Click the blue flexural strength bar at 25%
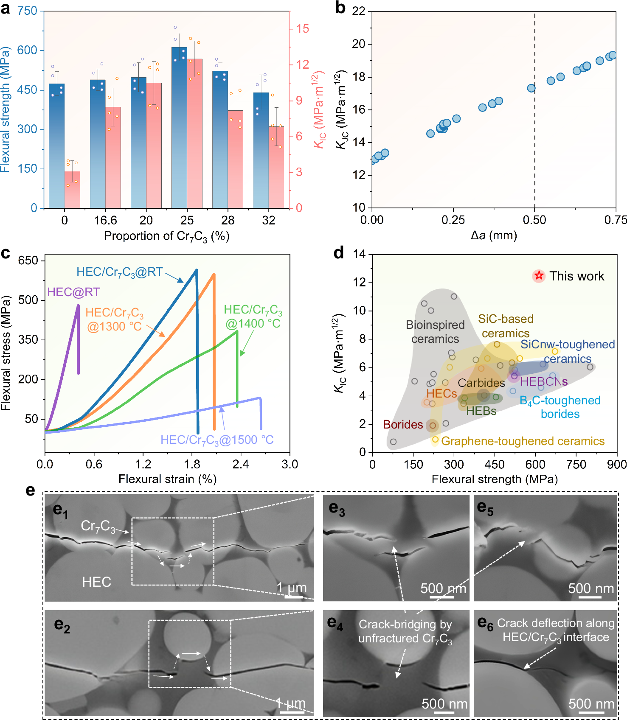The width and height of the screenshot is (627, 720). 179,127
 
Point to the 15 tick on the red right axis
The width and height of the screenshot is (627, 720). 302,29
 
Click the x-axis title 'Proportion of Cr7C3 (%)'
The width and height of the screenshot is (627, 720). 166,236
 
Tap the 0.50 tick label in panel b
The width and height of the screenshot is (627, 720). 534,220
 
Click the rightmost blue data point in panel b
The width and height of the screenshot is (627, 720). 612,55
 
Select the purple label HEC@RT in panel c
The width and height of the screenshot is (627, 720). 73,292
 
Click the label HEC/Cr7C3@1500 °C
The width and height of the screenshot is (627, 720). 216,440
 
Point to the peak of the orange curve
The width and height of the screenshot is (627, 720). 214,274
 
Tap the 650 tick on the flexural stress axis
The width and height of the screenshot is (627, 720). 28,261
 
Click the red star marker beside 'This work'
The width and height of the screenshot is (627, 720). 539,276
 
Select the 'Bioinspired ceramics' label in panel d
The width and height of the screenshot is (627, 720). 435,332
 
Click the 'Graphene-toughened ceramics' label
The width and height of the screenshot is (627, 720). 523,441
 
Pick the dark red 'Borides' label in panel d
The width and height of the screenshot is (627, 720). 402,424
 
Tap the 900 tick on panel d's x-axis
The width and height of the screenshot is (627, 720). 616,465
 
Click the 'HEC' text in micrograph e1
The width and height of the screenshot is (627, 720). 96,582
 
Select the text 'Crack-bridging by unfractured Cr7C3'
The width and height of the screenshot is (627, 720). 405,631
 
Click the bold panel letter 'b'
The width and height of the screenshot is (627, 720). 340,8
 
